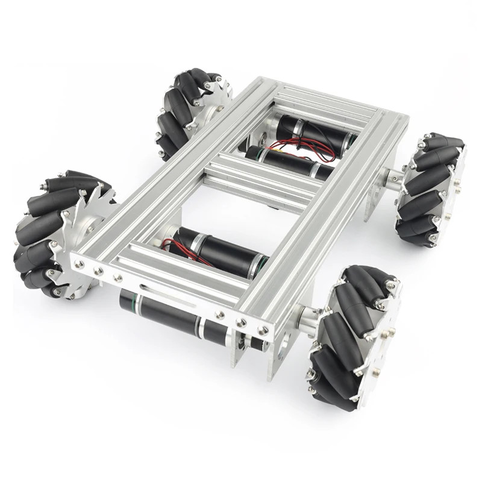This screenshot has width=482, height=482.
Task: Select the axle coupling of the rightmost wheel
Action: tap(391, 178)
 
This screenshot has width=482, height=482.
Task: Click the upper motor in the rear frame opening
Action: tap(313, 133)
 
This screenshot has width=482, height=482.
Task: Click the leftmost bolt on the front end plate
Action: tap(77, 263)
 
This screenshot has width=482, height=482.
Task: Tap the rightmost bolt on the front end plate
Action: tap(264, 330)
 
